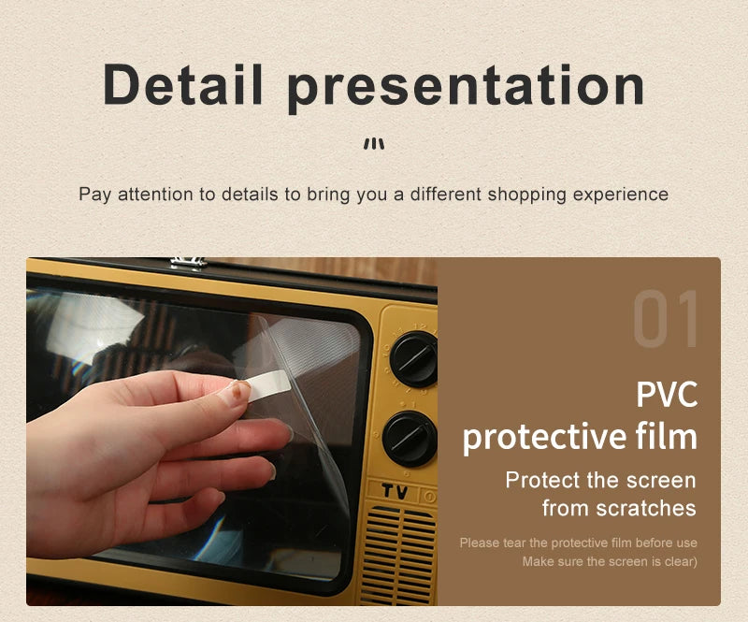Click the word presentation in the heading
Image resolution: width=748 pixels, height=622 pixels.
(x=466, y=86)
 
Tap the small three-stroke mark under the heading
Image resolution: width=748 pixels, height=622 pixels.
(x=374, y=144)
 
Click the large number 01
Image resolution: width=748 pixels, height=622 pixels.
(x=666, y=321)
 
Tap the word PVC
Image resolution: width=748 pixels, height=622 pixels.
(x=667, y=394)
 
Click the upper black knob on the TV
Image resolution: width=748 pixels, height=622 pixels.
(x=412, y=359)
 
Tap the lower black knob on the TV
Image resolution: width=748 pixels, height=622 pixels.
(x=410, y=438)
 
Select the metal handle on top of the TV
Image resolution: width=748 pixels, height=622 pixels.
(x=188, y=262)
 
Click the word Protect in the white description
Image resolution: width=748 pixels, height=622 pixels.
(x=542, y=481)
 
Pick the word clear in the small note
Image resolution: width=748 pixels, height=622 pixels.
(x=680, y=561)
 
